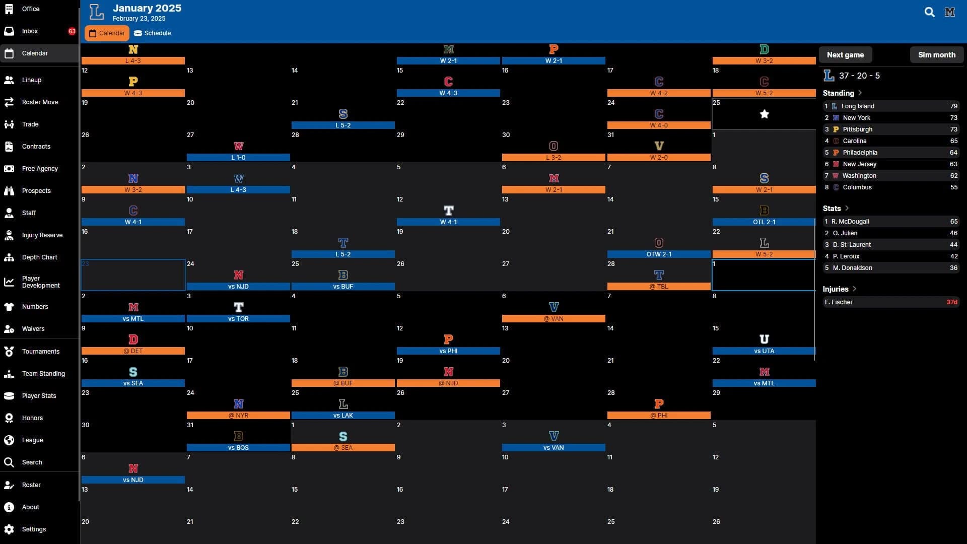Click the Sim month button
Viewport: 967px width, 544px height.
[936, 55]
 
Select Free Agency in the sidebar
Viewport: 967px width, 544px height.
[40, 169]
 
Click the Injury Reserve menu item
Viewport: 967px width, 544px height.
[42, 235]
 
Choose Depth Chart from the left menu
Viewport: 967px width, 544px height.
[39, 257]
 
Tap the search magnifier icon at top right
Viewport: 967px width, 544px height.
[929, 12]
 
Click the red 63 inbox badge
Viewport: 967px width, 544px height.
[72, 31]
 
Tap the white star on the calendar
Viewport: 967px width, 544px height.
[764, 114]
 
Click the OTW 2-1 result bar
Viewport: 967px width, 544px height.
[659, 254]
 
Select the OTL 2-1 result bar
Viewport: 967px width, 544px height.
[764, 222]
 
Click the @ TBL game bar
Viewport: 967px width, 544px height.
[659, 287]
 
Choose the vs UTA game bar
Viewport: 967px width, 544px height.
[764, 351]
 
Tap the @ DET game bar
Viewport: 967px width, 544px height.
[133, 351]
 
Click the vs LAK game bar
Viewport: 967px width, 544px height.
[343, 416]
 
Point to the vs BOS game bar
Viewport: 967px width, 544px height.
[238, 448]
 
